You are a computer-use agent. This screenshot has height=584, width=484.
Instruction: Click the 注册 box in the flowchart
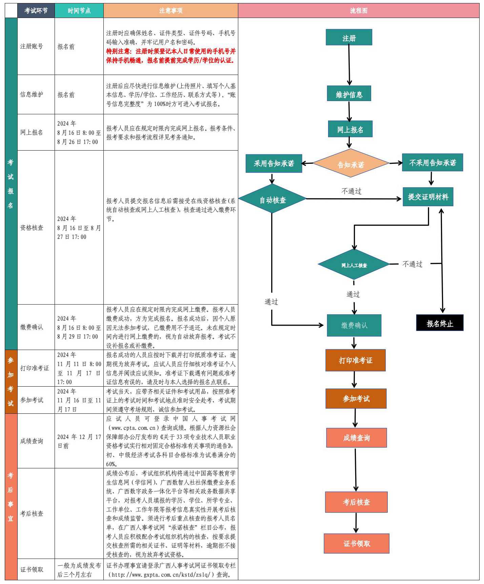point(349,37)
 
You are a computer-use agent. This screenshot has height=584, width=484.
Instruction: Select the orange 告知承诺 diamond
point(350,163)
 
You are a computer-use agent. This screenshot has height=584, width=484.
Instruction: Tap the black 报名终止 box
point(440,323)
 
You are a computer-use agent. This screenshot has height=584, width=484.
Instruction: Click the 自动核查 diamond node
point(272,199)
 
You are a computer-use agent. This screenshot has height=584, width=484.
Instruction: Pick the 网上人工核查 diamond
point(354,265)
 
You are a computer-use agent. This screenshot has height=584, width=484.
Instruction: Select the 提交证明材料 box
point(428,197)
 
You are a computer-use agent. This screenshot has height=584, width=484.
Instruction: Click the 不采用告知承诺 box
point(432,163)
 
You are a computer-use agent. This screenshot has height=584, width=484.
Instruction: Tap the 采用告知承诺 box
point(274,163)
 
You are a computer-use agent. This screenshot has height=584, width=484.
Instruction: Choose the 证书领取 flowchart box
point(356,543)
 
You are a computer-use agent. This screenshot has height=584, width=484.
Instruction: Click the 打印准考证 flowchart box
point(355,360)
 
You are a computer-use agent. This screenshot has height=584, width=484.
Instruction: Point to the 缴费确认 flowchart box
point(354,325)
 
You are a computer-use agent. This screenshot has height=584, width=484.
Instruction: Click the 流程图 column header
point(358,11)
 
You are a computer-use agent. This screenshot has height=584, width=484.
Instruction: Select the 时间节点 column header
point(79,11)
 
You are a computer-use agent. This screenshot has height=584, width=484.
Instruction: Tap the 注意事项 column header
point(170,11)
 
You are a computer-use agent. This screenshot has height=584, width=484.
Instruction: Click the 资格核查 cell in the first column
point(32,228)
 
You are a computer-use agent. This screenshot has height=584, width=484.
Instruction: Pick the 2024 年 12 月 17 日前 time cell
point(79,441)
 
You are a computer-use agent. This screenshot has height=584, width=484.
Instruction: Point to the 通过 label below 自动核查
point(271,301)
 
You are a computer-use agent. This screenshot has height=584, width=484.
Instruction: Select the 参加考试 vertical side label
point(11,382)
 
